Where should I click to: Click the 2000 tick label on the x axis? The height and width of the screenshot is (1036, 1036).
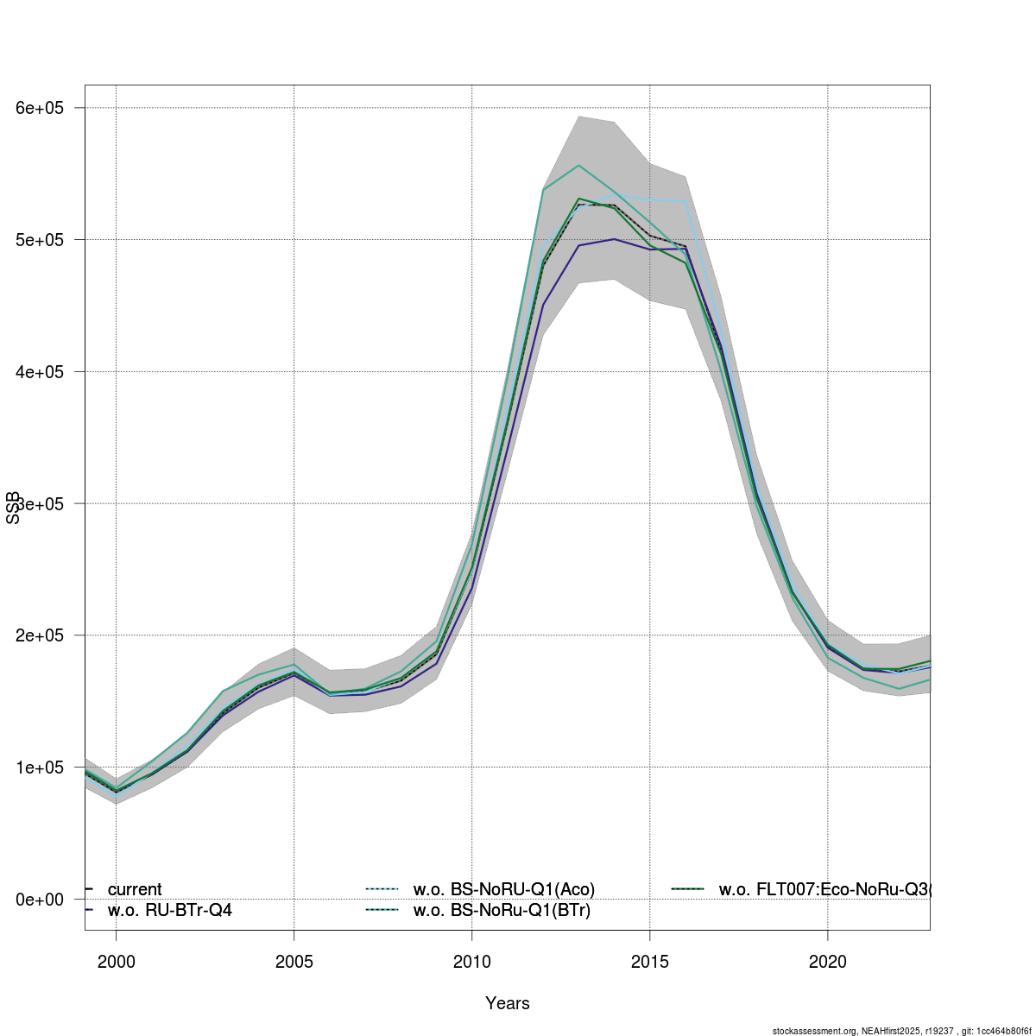117,960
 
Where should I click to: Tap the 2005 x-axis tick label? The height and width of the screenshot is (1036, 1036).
294,960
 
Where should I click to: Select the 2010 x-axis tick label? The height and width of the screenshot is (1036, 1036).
472,960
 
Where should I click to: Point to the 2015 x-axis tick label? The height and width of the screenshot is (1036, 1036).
650,960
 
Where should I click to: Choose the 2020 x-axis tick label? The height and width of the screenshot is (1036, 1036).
828,960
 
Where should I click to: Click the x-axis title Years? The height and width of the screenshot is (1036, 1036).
508,1003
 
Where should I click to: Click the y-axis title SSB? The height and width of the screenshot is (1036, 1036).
13,508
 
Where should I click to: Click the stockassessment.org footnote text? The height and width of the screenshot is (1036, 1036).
901,1031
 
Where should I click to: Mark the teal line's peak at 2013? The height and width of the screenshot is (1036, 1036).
578,165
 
